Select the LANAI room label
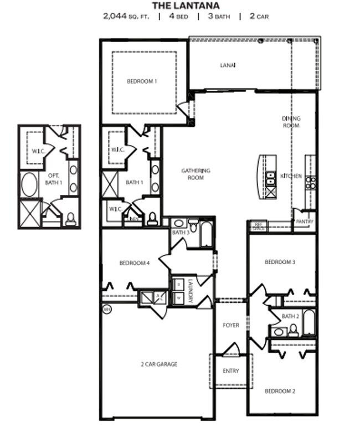[228, 65]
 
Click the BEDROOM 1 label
[142, 81]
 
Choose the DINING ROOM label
[291, 122]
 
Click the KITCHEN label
[291, 176]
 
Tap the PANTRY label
[305, 222]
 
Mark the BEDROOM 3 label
[280, 261]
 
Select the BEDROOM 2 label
[280, 391]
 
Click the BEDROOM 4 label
[135, 263]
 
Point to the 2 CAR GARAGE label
[158, 364]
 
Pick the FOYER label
[231, 325]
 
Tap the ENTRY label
[231, 371]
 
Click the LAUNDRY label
[189, 290]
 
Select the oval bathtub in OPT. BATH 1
[29, 185]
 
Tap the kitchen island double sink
[270, 179]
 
